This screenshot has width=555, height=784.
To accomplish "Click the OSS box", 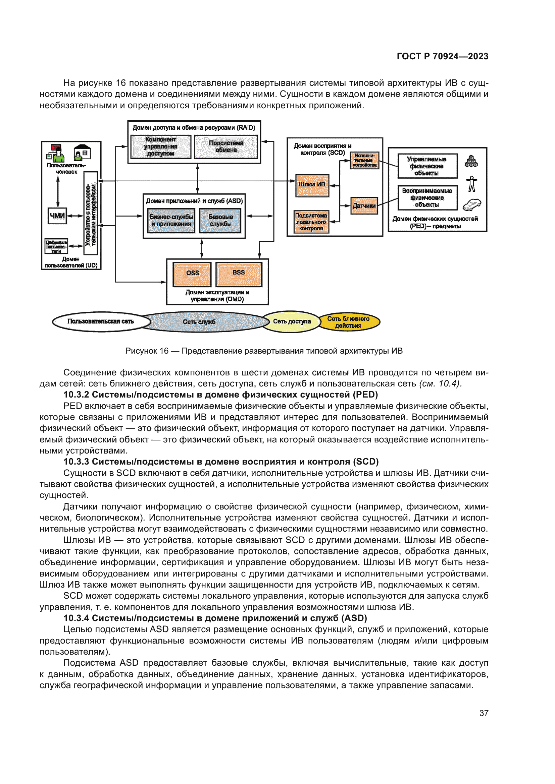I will pyautogui.click(x=192, y=274).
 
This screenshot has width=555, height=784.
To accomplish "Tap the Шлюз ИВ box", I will pyautogui.click(x=312, y=185).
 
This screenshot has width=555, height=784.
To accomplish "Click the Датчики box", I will pyautogui.click(x=364, y=205).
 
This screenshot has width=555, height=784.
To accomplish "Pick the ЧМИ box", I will pyautogui.click(x=57, y=216).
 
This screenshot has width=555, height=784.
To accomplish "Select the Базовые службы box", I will pyautogui.click(x=220, y=221).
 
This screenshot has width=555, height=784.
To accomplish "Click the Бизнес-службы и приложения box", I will pyautogui.click(x=171, y=221).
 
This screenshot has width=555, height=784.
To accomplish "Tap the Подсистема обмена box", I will pyautogui.click(x=226, y=147).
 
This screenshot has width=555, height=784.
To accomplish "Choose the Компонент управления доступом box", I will pyautogui.click(x=161, y=147).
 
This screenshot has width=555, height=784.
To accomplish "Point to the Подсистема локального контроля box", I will pyautogui.click(x=311, y=222).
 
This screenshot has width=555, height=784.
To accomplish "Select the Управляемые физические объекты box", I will pyautogui.click(x=427, y=166).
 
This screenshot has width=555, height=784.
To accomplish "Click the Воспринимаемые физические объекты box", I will pyautogui.click(x=427, y=198).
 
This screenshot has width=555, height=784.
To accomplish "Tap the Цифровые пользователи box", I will pyautogui.click(x=56, y=246).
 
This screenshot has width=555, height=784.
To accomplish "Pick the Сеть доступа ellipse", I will pyautogui.click(x=292, y=322).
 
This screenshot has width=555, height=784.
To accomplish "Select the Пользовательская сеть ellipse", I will pyautogui.click(x=101, y=322).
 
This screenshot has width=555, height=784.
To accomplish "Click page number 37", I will pyautogui.click(x=484, y=713).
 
